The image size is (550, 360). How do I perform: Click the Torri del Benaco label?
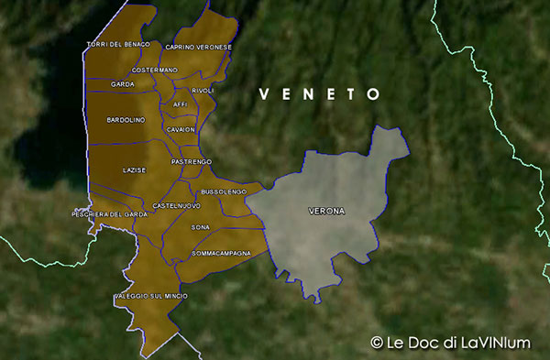click(117, 45)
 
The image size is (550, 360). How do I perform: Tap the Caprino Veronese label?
click(199, 46)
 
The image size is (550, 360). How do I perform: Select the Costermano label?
click(155, 71)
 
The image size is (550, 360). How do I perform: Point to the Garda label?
click(123, 84)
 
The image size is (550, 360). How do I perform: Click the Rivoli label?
click(203, 91)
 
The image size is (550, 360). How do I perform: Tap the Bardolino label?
click(126, 120)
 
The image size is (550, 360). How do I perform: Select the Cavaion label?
click(181, 130)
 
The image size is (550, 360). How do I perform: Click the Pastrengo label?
click(192, 161)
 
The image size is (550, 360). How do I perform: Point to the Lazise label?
click(134, 170)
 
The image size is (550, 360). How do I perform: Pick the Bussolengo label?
click(224, 191)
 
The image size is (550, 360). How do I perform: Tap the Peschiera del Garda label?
click(110, 214)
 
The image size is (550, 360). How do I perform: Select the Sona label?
click(200, 226)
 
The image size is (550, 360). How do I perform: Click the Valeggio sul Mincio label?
click(151, 297)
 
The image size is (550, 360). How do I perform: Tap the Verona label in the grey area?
click(326, 212)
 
